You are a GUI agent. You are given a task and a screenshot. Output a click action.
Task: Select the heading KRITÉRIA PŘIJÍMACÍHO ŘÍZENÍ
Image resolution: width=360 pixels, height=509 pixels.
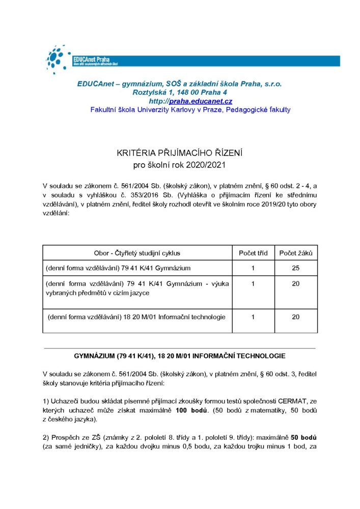pos(180,152)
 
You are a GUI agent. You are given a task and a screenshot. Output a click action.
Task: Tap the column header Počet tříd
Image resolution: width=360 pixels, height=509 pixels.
pos(253,253)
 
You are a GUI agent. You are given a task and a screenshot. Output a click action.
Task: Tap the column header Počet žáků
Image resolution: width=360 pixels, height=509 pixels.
pos(296,253)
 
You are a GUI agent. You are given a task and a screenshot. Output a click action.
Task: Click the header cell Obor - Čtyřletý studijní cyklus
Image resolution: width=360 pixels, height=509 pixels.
pos(137,253)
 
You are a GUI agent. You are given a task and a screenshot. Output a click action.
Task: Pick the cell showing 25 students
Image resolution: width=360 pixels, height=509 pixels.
pos(296,268)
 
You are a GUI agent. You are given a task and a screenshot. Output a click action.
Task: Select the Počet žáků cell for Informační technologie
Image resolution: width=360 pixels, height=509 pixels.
pos(296,317)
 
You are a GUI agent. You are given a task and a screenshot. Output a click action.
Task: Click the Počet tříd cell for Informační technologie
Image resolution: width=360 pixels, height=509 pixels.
pos(253,317)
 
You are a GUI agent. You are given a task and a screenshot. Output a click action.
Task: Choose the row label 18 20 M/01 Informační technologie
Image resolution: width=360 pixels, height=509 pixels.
pos(136,317)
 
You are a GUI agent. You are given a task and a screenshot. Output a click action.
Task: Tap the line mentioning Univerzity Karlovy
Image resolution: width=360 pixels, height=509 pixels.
pos(190,109)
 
